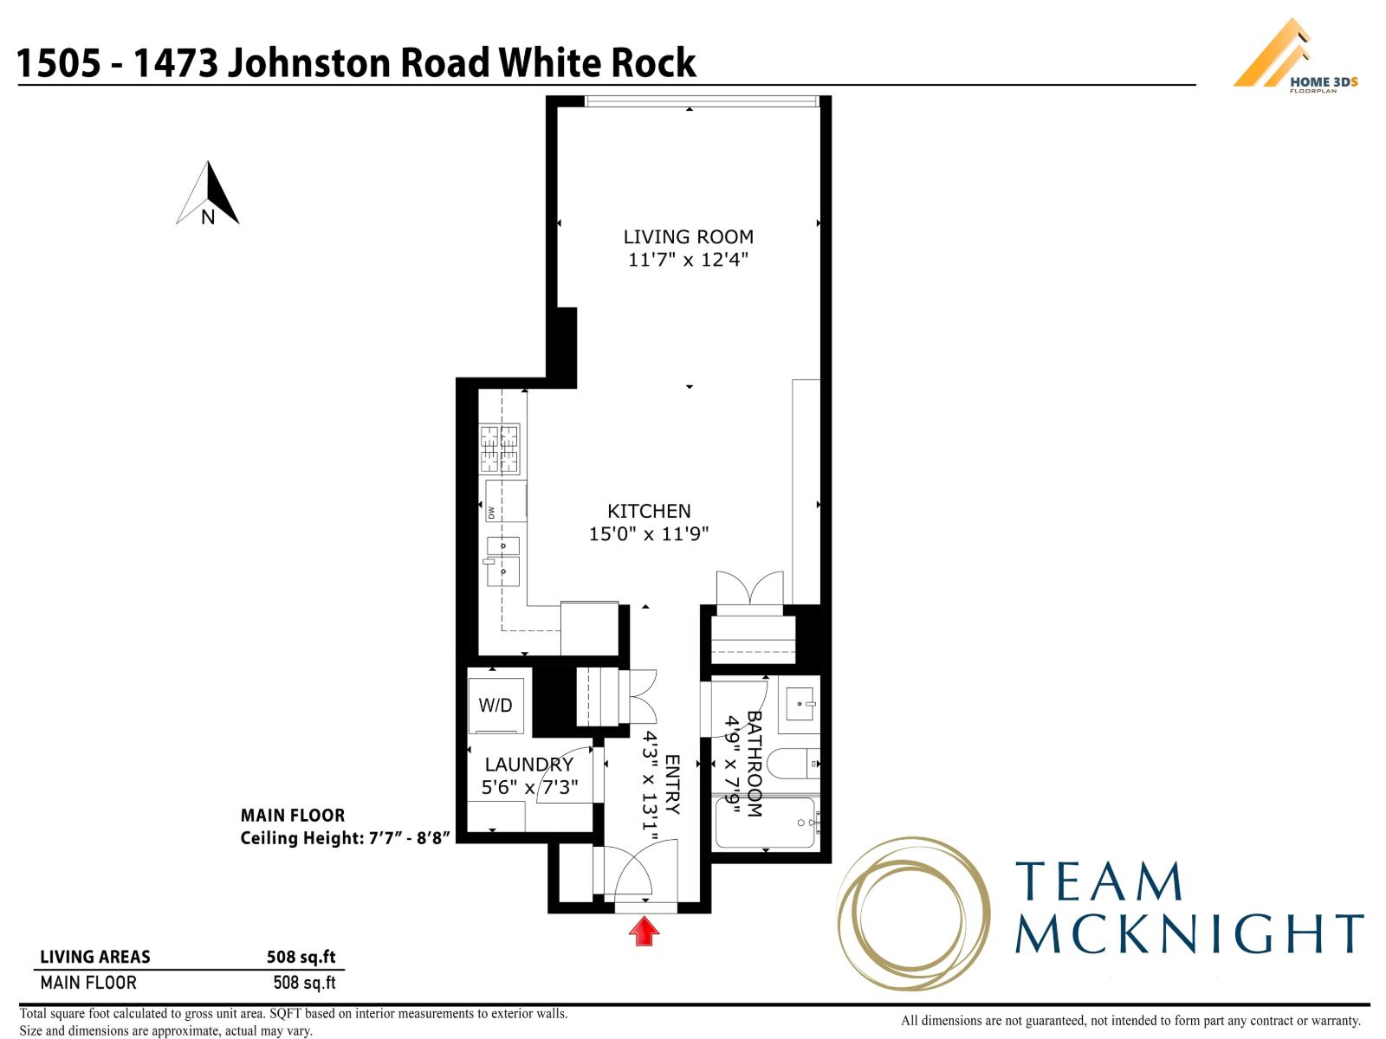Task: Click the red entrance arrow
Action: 644,933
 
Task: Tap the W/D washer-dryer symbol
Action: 495,706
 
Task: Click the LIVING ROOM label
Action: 689,236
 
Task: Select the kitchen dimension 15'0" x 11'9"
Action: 649,534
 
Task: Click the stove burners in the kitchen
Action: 501,449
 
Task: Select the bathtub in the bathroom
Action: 765,823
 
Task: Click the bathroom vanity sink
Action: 799,703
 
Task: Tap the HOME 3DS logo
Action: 1294,57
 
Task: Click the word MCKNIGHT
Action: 1188,933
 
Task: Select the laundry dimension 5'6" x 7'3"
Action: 529,787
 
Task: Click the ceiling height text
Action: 345,838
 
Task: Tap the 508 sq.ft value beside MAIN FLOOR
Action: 304,983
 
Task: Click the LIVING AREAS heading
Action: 95,957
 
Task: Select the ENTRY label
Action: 672,785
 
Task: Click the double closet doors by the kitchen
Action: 749,589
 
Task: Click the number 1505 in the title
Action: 58,63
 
